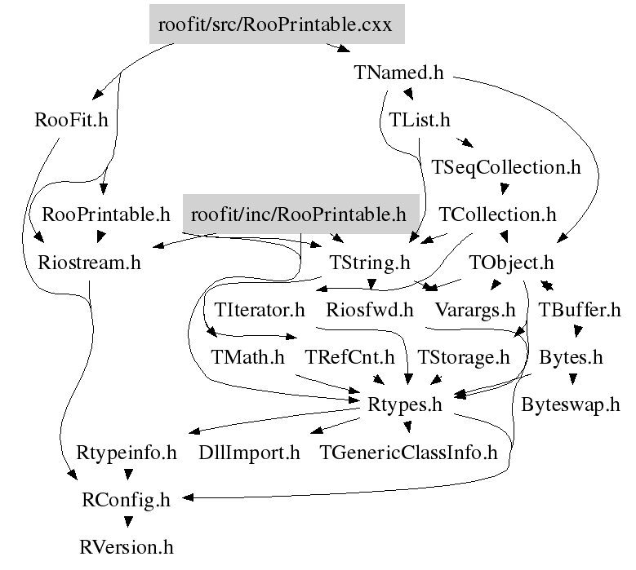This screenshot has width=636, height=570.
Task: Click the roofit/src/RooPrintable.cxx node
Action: pos(277,24)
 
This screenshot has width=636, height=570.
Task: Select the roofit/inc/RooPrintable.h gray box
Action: pos(301,214)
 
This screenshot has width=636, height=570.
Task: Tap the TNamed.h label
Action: pos(399,73)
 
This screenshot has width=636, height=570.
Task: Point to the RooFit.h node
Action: pos(71,120)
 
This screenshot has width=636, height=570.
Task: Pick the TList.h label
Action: pos(420,120)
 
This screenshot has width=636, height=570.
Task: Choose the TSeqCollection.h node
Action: pos(506,167)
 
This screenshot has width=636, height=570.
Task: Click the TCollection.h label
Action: pos(498,214)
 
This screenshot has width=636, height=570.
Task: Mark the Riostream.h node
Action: pos(89,262)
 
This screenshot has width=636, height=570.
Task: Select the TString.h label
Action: pos(370,263)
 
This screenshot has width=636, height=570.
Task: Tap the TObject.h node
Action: pos(511,263)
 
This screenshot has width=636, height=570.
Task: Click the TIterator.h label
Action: pos(259,310)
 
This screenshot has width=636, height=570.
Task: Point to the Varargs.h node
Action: pos(475,311)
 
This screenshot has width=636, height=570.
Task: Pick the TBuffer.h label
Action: pos(579,310)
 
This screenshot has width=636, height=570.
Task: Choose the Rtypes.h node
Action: pos(405,404)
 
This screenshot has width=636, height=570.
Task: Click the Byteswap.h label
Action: pos(571,404)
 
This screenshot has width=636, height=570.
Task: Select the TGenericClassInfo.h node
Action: pos(408,452)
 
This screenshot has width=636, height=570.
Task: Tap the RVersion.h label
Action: pos(127,547)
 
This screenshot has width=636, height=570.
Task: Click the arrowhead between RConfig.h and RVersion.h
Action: pos(128,522)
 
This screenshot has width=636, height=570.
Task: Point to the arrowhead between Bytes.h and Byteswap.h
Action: pos(572,379)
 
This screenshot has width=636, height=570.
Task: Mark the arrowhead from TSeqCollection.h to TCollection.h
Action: pos(505,189)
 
